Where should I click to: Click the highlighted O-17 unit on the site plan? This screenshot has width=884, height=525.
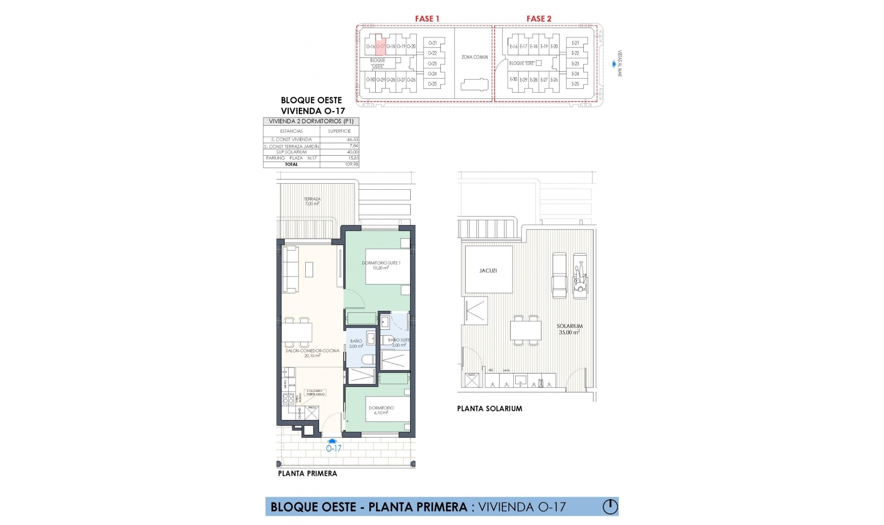point(380,46)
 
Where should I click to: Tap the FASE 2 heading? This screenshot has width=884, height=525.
point(539,19)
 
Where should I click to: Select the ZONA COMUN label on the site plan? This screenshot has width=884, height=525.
point(475,57)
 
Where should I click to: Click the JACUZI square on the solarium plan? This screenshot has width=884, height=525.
point(488,270)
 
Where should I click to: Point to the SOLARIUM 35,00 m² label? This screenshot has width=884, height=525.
point(570,329)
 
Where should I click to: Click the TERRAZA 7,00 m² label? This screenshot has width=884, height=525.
point(312,201)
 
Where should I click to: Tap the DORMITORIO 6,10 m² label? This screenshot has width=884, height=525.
point(381,410)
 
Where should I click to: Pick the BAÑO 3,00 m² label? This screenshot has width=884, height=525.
point(356,344)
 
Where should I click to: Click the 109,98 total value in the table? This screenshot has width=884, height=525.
point(351,164)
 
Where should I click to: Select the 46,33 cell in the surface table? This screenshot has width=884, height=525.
point(353,140)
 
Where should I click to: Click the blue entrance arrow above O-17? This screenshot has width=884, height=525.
point(332,441)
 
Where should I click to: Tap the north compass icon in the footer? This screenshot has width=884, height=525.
point(610,507)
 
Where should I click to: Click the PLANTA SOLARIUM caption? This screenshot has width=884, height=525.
point(489,408)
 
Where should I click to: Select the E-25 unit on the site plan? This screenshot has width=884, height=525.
point(575,84)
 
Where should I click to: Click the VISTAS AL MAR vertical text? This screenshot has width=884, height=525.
point(620,64)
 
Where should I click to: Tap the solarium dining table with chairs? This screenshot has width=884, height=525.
point(526,330)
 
